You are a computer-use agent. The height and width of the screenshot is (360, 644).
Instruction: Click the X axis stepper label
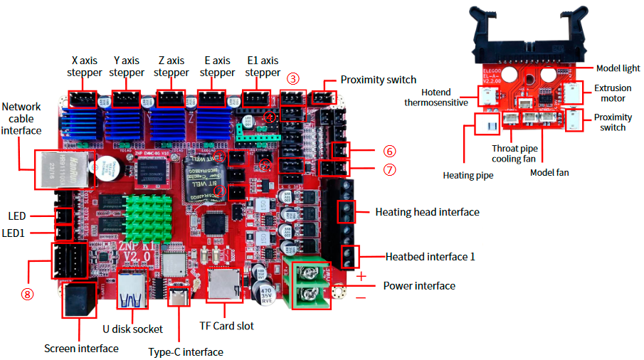85,66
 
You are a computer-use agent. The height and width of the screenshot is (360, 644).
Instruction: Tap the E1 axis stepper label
263,66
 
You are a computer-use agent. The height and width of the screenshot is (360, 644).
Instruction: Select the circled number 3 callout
293,78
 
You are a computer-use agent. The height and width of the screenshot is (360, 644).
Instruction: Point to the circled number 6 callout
389,152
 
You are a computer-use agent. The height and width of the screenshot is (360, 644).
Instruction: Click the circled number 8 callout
27,294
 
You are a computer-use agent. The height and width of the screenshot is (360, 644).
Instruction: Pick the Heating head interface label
427,212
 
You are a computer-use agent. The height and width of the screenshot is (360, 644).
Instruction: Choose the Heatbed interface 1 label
430,256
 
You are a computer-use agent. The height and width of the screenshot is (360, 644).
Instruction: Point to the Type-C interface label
185,351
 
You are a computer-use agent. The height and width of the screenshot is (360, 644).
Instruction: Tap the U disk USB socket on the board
132,292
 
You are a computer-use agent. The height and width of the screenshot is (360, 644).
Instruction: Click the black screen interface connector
79,301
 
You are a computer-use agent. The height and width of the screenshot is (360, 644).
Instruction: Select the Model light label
617,68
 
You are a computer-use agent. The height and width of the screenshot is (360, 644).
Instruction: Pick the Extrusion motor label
613,94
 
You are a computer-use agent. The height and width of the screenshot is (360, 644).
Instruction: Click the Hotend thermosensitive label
436,97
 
